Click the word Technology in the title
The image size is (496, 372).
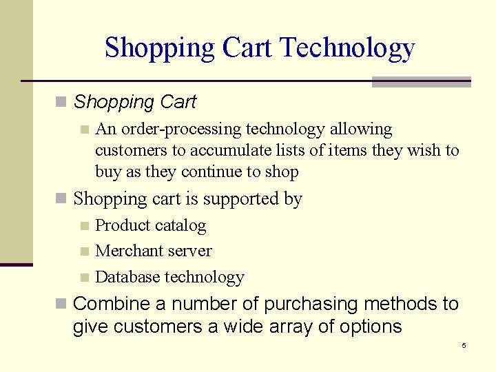(x=348, y=48)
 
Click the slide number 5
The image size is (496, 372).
(x=464, y=345)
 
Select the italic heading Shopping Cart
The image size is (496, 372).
(x=134, y=103)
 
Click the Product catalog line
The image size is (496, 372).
(x=150, y=225)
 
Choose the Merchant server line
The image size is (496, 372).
(x=153, y=251)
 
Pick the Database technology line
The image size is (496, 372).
(x=169, y=277)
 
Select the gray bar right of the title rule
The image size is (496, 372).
(x=421, y=82)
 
